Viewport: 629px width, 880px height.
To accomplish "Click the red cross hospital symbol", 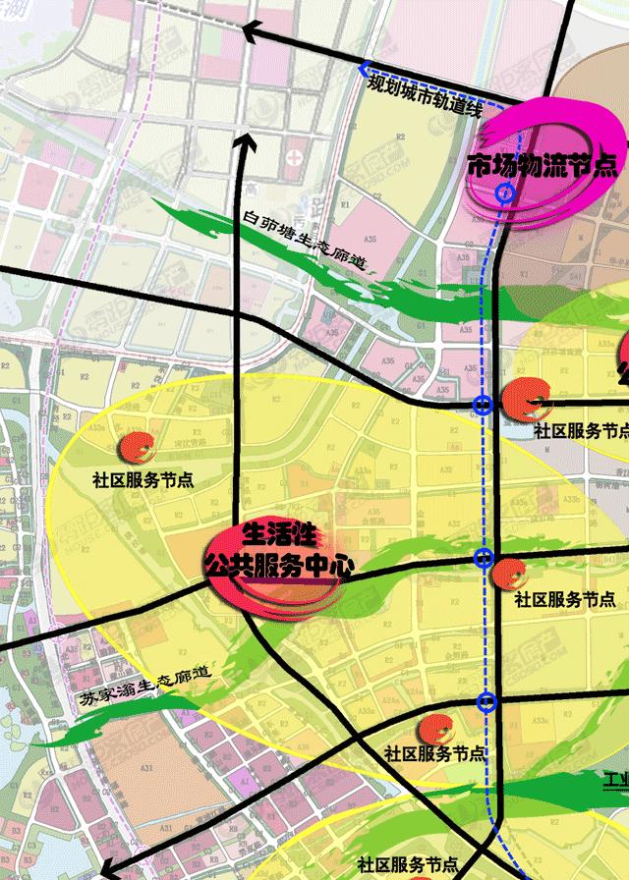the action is click(x=294, y=153).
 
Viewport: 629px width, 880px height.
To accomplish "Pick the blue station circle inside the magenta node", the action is click(x=504, y=192).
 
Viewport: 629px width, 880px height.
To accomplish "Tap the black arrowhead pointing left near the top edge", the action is click(x=252, y=33).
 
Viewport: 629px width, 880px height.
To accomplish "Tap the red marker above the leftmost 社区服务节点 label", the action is click(x=136, y=448).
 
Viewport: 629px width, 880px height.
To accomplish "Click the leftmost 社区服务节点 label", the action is click(x=143, y=481).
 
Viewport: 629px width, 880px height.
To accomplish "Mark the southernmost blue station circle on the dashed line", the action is click(x=486, y=700).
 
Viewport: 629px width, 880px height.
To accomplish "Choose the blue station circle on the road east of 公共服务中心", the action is click(x=483, y=559).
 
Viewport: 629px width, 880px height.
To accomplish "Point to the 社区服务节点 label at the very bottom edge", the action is click(x=408, y=865).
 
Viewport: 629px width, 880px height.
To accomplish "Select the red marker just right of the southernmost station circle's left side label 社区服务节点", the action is click(x=434, y=729).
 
